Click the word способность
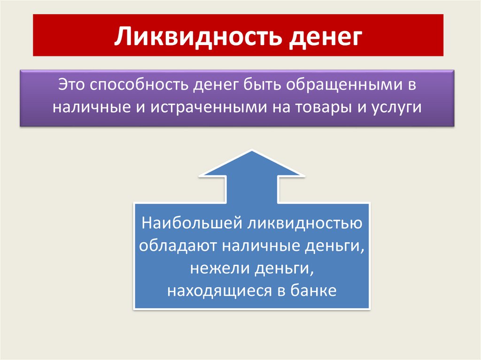click(x=139, y=85)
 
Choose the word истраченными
click(x=209, y=107)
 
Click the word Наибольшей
click(x=192, y=223)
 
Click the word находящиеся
click(x=219, y=291)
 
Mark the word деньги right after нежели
click(x=284, y=269)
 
